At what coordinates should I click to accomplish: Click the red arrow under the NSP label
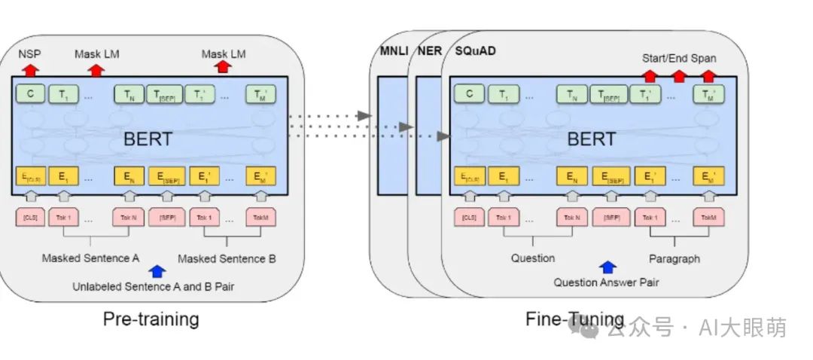coord(30,69)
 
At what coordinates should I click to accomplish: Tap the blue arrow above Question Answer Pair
coord(607,267)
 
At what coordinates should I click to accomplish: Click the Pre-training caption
coord(151,319)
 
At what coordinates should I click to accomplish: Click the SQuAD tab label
coord(474,50)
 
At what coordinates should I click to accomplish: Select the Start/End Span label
coord(678,58)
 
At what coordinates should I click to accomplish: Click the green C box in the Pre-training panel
coord(30,94)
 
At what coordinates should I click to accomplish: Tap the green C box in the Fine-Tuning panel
coord(470,94)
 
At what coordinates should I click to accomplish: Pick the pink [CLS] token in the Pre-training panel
coord(30,218)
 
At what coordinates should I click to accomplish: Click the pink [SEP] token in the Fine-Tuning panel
coord(617,218)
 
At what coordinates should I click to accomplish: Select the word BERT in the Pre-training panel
coord(147,139)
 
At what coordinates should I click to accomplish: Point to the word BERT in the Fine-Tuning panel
coord(591,139)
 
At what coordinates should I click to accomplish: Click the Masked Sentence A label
coord(90,258)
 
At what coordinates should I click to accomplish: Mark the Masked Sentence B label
coord(227,259)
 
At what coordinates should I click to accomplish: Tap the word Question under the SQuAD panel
coord(533,258)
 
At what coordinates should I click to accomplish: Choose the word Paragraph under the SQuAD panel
coord(674,258)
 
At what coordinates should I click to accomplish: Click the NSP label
coord(30,54)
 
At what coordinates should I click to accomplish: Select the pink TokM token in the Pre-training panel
coord(260,218)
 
